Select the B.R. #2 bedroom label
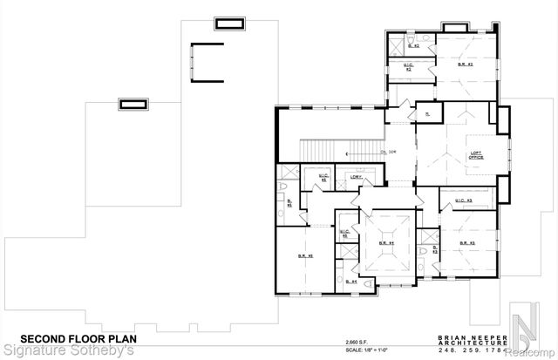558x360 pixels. pyautogui.click(x=466, y=65)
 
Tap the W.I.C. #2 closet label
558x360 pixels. pyautogui.click(x=408, y=66)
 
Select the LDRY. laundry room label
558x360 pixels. pyautogui.click(x=356, y=178)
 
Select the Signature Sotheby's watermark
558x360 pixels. pyautogui.click(x=68, y=351)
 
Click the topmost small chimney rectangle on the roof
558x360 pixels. pyautogui.click(x=229, y=21)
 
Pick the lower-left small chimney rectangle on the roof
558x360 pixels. pyautogui.click(x=134, y=105)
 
